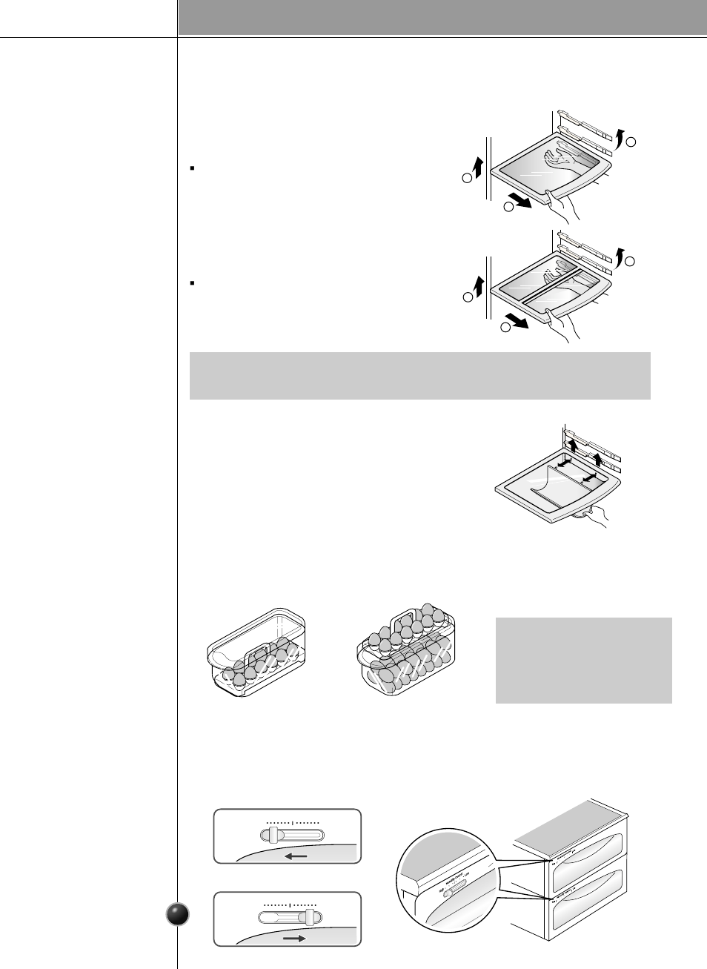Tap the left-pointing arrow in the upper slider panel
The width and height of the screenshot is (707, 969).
(x=296, y=857)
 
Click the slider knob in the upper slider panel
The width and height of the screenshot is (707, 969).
(x=273, y=836)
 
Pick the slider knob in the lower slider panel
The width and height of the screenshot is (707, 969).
(x=310, y=917)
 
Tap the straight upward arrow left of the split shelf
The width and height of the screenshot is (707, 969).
(x=478, y=285)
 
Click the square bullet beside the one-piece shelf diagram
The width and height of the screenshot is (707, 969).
(x=192, y=168)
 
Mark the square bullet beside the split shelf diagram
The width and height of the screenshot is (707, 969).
(x=192, y=282)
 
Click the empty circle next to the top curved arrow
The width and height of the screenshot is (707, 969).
(x=631, y=142)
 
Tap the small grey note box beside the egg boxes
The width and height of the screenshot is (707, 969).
(x=583, y=660)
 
